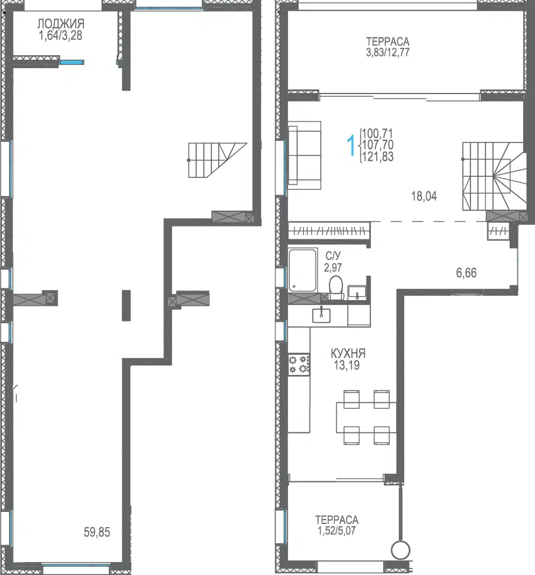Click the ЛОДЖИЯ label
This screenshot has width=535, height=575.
(x=61, y=24)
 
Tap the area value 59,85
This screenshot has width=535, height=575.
(x=97, y=532)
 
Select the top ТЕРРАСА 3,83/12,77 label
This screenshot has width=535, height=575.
(x=388, y=47)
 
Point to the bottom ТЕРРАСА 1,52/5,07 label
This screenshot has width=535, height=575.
(x=337, y=525)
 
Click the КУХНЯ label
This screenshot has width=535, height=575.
(x=348, y=354)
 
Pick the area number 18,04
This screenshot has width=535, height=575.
(x=424, y=196)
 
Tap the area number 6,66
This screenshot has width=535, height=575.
(x=466, y=273)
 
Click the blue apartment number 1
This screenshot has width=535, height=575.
(x=351, y=145)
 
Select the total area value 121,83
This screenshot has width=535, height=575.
(x=378, y=157)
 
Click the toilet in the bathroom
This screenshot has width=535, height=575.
(x=336, y=287)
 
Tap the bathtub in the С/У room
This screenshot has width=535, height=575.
(x=303, y=271)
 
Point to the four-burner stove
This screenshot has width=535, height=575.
(x=299, y=364)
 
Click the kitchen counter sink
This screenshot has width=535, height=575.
(x=321, y=315)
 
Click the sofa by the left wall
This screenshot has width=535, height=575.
(x=304, y=155)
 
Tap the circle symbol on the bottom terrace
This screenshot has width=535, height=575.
(x=400, y=550)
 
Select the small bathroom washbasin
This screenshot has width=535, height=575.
(x=357, y=293)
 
